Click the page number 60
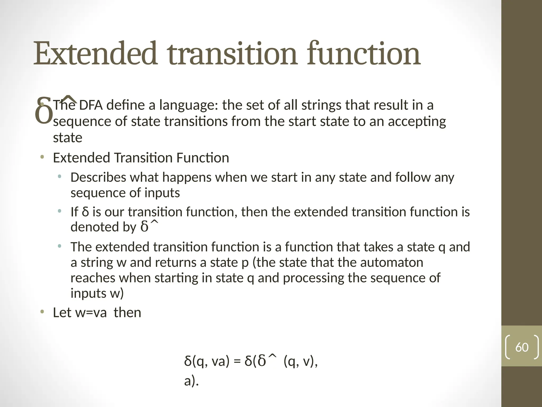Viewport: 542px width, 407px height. pyautogui.click(x=522, y=347)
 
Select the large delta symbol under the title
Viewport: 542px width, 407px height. pyautogui.click(x=44, y=111)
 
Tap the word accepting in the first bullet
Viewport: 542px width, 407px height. pyautogui.click(x=417, y=122)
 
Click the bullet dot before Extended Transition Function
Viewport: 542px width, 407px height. pyautogui.click(x=42, y=158)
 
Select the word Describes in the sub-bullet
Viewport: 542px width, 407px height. pyautogui.click(x=98, y=177)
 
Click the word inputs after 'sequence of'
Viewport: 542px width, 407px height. pyautogui.click(x=162, y=193)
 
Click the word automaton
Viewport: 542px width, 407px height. pyautogui.click(x=391, y=262)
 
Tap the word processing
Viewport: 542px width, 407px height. pyautogui.click(x=313, y=278)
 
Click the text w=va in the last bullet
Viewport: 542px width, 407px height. pyautogui.click(x=91, y=312)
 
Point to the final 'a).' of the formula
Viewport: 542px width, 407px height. pyautogui.click(x=191, y=381)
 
